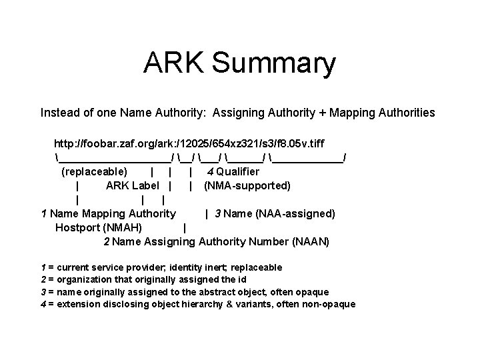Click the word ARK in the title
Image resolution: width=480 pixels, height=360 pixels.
173,64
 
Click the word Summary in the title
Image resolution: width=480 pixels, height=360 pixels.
273,64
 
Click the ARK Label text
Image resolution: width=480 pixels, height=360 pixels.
133,185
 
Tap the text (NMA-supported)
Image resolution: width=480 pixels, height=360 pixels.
247,185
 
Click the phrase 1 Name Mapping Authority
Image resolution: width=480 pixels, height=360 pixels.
108,213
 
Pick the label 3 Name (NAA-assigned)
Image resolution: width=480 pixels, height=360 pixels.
275,213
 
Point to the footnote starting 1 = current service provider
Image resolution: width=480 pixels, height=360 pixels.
161,267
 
